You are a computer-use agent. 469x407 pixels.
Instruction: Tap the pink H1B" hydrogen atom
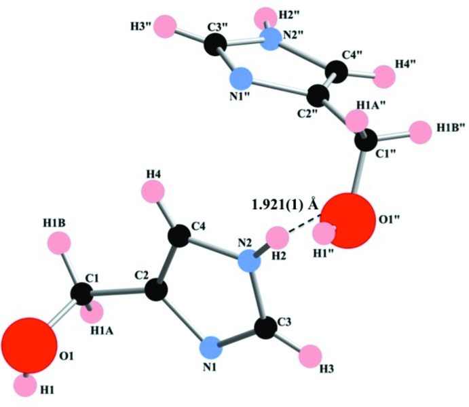click(422, 128)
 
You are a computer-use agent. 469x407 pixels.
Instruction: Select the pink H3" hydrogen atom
click(166, 28)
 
